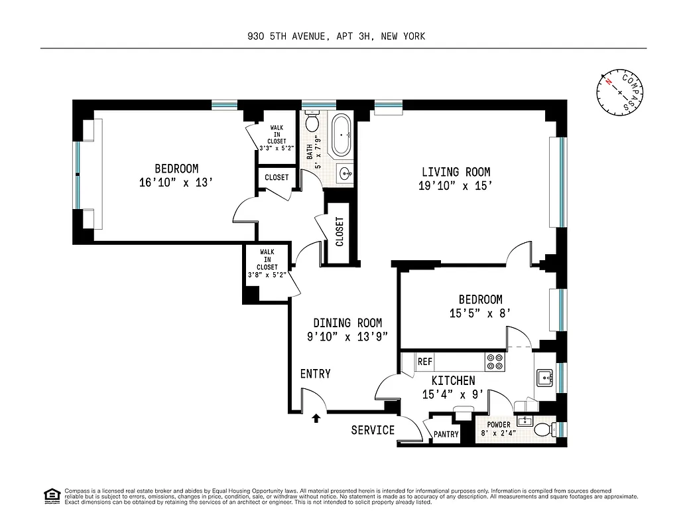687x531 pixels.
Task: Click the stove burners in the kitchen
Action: tap(495, 361)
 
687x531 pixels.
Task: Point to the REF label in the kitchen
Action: tap(425, 362)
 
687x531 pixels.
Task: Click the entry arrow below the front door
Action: tap(316, 418)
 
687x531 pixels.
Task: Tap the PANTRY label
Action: tap(446, 435)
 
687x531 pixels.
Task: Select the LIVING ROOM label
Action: tap(456, 173)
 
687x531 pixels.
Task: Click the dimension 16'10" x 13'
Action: tap(176, 183)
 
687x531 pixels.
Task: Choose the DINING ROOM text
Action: tap(347, 323)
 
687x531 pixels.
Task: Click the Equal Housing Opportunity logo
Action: tap(50, 495)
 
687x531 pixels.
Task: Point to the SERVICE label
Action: tap(373, 430)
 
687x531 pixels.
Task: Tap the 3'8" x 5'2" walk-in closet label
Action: tap(267, 274)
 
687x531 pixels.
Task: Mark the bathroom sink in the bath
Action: tap(345, 175)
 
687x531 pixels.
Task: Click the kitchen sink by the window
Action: tap(546, 378)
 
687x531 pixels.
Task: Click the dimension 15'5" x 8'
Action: tap(479, 314)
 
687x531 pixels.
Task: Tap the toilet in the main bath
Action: tap(312, 123)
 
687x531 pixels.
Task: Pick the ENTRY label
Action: tap(315, 374)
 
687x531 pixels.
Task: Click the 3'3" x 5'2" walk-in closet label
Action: tap(277, 147)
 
